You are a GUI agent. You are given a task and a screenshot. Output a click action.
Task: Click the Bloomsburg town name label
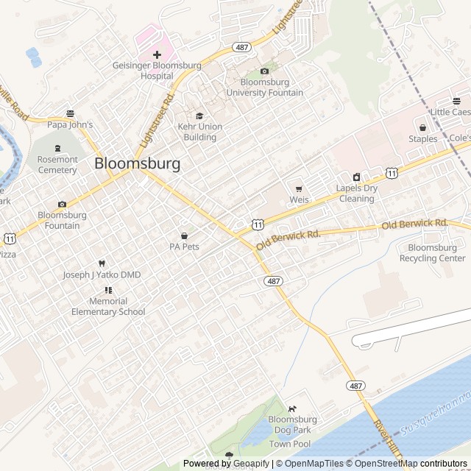click(137, 164)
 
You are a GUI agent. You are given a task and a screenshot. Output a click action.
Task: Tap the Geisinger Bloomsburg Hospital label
click(157, 70)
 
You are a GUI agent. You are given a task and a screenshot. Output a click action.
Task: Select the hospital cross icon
click(157, 54)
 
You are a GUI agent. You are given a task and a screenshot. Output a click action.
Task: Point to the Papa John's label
click(70, 124)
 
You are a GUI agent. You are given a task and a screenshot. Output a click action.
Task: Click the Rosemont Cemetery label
click(57, 165)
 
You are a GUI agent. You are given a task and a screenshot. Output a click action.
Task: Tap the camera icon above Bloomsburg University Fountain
click(264, 71)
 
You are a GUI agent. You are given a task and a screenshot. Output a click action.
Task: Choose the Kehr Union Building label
click(199, 132)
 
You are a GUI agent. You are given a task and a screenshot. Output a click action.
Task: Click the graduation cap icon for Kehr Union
click(199, 116)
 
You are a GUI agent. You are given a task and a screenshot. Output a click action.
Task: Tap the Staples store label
click(422, 138)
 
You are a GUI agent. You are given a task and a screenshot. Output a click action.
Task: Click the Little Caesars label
click(450, 112)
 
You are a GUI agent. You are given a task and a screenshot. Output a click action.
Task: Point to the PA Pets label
click(184, 247)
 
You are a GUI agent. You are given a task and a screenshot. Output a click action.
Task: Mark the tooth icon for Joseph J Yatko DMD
click(102, 263)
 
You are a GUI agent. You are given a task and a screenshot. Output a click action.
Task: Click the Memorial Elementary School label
click(108, 306)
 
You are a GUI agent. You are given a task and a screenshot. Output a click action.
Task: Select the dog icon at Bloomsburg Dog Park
click(292, 409)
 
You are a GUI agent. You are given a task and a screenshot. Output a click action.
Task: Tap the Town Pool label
click(289, 444)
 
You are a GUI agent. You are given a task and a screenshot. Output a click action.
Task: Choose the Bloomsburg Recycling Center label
click(432, 252)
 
